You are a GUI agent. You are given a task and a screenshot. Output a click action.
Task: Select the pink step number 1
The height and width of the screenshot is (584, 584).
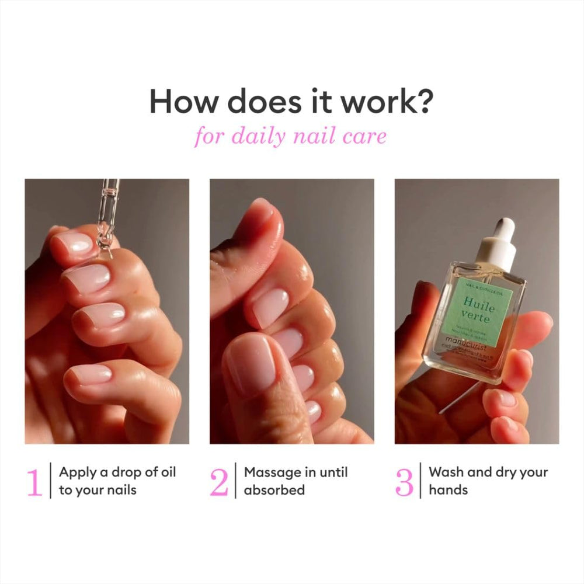pos(34,482)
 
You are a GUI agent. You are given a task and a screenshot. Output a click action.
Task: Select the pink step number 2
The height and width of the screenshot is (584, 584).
pos(219,482)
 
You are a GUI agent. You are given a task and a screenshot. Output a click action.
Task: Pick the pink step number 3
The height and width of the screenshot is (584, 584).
pos(404,482)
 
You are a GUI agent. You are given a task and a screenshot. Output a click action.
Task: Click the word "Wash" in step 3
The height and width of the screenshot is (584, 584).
pos(445,472)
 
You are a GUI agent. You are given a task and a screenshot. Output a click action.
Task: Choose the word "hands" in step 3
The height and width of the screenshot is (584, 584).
pos(449,490)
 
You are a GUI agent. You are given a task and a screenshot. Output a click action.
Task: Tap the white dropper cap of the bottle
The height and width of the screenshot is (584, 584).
pos(498,245)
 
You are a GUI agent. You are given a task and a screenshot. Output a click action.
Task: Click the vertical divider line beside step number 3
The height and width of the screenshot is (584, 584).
pos(420,482)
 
